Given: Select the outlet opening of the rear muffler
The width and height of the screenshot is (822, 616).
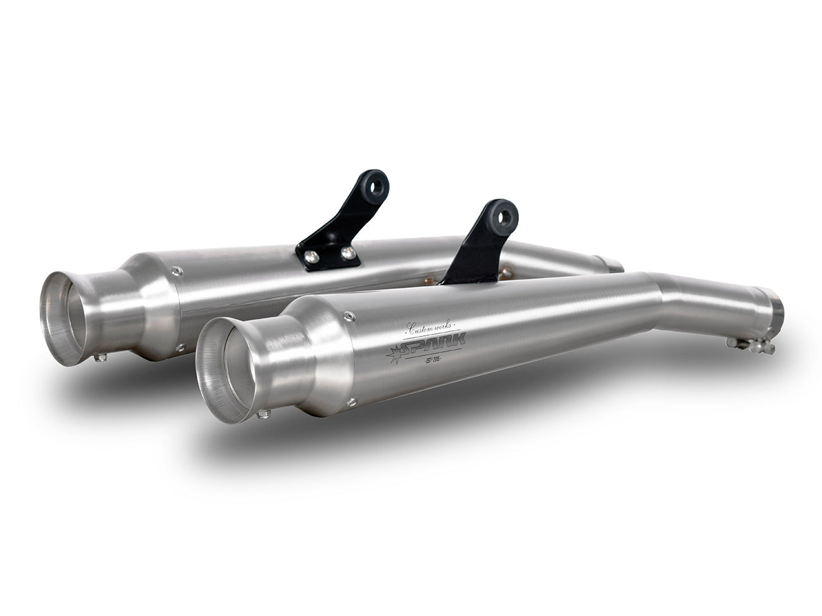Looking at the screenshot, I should [x=65, y=317].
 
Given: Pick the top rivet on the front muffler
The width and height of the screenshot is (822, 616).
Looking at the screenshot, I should [x=347, y=314].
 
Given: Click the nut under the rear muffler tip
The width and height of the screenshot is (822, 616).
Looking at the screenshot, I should [x=99, y=357].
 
